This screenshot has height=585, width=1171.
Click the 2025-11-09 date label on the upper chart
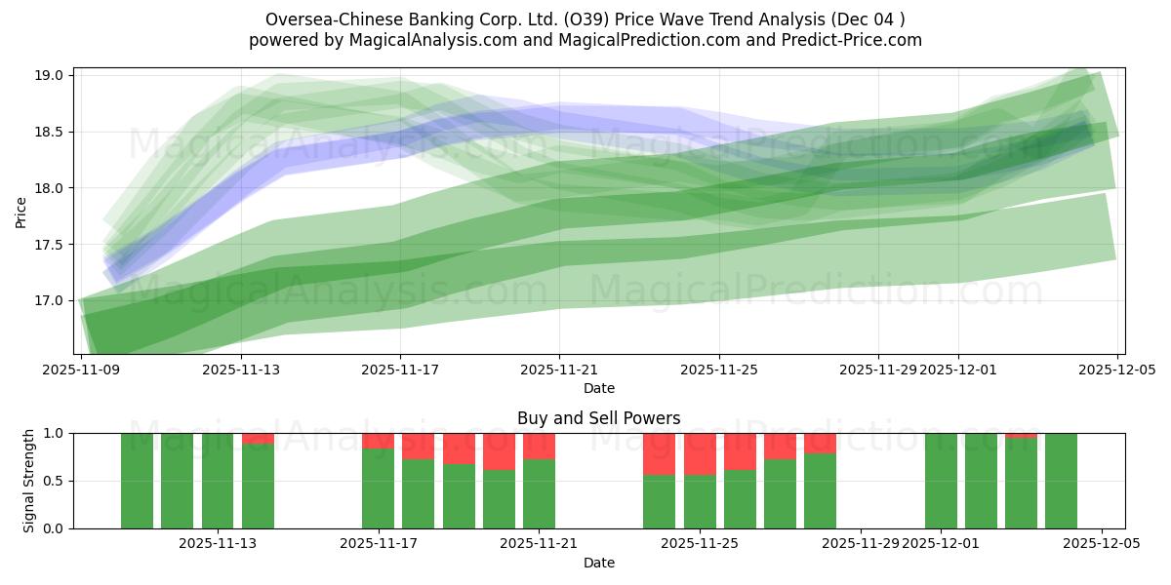coord(80,370)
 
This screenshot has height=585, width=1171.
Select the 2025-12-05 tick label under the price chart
coord(1117,370)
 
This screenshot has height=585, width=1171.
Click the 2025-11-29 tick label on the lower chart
coord(861,544)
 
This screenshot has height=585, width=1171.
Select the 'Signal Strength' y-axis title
coord(29,481)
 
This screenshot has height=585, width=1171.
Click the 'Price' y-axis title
coord(21,211)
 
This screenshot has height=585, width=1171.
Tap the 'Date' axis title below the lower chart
coord(598,563)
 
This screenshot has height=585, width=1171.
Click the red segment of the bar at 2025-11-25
coord(700,453)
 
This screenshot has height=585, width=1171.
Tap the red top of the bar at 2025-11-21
coord(539,446)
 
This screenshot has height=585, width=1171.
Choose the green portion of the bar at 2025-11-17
coord(378,487)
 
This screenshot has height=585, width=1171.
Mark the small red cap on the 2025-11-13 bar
coord(258,438)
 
